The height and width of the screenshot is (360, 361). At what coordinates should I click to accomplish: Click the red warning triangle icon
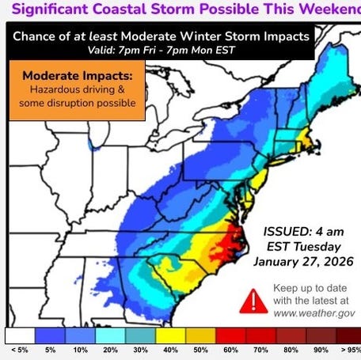coord(253,300)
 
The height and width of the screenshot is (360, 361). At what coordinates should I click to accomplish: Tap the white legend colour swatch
coord(21,336)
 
